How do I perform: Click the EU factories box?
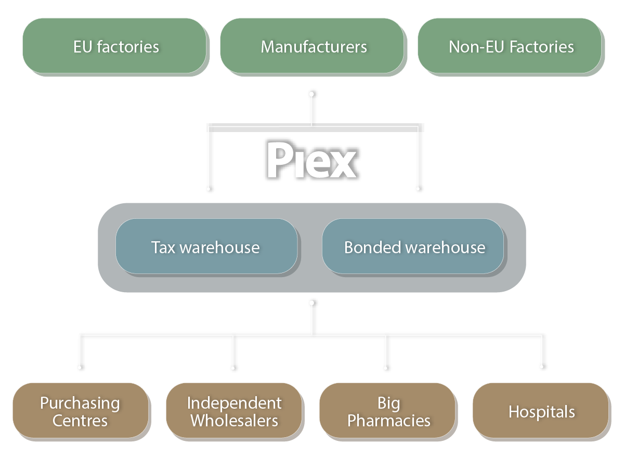coord(115,47)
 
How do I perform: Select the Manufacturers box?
coord(313,47)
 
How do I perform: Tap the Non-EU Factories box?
coord(511,47)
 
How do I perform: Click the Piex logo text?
coord(310,161)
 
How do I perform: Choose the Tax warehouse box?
coord(206,246)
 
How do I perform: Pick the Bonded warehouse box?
coord(413,246)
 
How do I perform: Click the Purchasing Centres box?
coord(81,411)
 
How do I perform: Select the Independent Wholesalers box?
coord(234,411)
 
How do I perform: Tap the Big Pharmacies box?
coord(388,411)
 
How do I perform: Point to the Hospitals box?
coord(541,411)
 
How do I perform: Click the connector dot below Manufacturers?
coord(312,94)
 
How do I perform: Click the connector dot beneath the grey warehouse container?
coord(312,302)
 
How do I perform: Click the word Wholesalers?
coord(234,420)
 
